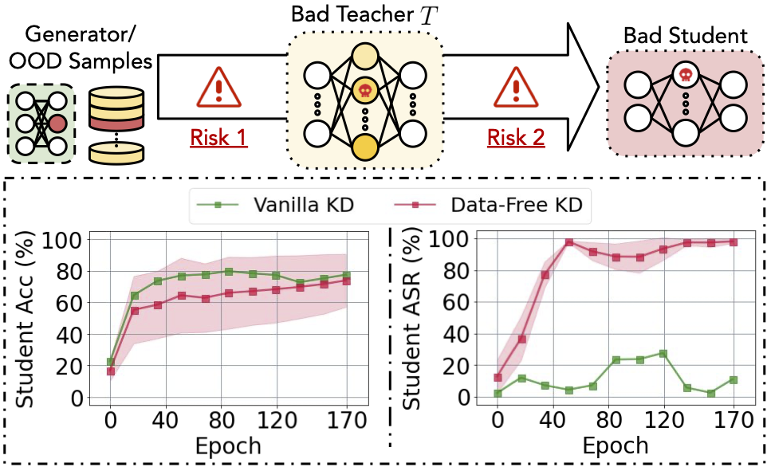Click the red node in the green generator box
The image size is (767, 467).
coord(57,124)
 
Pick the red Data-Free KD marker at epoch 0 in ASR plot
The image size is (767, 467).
coord(498,378)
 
